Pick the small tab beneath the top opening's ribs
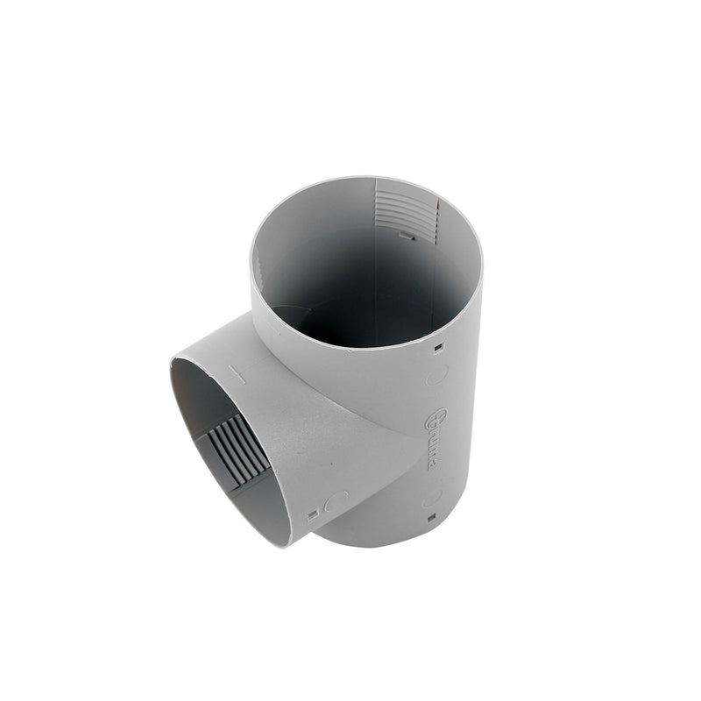[406, 235]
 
